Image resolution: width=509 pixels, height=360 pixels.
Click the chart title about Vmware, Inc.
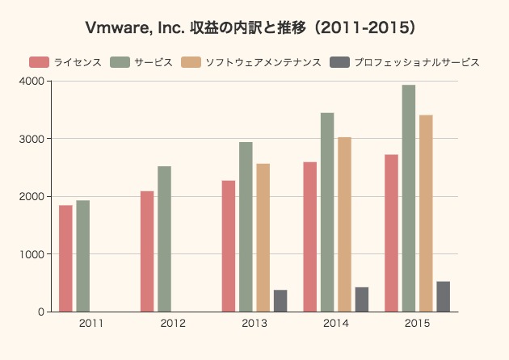(254, 27)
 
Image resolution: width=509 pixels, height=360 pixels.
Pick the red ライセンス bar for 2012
(147, 251)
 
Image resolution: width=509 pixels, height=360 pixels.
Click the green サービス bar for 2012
(164, 239)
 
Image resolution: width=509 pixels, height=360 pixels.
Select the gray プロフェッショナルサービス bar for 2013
(280, 300)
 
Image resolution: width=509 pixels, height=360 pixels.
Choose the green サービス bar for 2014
(327, 212)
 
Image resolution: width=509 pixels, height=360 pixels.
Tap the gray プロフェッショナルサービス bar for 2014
(362, 299)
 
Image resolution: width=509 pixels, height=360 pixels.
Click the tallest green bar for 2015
(409, 199)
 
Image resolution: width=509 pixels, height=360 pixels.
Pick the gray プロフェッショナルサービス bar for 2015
(444, 296)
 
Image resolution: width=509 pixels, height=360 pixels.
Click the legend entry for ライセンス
(65, 62)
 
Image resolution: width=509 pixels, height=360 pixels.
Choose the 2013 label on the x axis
(254, 324)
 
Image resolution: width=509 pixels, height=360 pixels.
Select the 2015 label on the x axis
(417, 324)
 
